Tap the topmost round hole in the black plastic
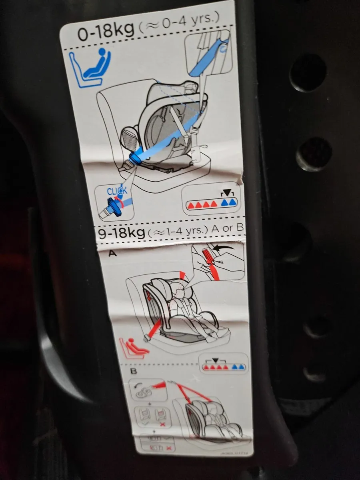point(308,72)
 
